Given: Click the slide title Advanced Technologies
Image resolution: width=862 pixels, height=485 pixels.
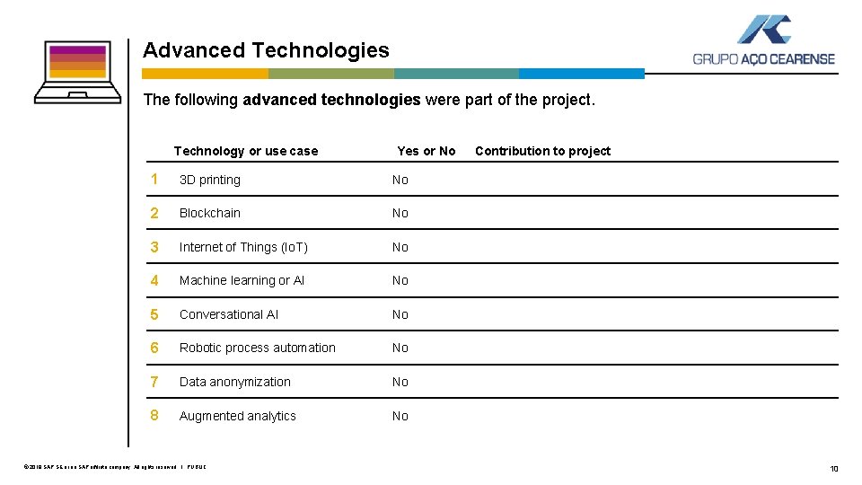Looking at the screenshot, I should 266,50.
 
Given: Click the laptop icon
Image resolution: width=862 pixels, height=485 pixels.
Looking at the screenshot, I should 77,72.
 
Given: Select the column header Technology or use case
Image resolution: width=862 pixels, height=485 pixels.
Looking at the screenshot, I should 245,151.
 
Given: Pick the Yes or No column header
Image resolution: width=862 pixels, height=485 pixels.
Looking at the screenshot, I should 426,151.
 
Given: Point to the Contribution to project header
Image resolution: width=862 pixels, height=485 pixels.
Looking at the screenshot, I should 542,151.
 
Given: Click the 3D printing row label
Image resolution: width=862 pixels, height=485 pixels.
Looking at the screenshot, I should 210,180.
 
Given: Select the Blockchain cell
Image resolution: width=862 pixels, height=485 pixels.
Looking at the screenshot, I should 210,213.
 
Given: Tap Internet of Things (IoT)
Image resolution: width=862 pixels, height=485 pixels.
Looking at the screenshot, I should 243,247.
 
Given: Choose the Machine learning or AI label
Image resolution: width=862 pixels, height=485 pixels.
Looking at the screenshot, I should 242,280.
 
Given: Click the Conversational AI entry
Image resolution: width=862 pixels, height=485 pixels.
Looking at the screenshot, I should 229,314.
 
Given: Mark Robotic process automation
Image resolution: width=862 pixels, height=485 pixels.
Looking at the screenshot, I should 258,348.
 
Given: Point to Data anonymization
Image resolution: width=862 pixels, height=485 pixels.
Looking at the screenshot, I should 235,382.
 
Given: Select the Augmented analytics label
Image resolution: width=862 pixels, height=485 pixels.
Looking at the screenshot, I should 238,416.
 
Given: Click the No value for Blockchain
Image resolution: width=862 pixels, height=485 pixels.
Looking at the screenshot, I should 400,213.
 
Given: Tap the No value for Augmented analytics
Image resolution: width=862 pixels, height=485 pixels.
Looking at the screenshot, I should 400,416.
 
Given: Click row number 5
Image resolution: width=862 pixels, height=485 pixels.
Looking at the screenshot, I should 154,314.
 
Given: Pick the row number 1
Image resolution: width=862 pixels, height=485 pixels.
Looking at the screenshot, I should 154,180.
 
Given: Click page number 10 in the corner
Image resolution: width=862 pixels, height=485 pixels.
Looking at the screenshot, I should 834,469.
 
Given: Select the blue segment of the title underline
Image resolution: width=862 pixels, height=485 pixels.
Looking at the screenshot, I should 582,74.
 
